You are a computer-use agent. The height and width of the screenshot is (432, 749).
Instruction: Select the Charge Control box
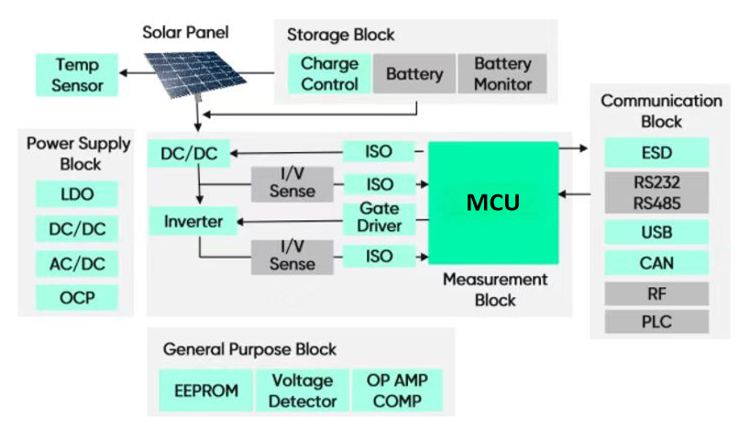(329, 74)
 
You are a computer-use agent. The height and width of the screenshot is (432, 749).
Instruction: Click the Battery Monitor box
(502, 74)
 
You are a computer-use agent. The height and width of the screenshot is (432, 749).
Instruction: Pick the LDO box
(77, 194)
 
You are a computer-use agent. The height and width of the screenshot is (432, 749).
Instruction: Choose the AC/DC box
(77, 263)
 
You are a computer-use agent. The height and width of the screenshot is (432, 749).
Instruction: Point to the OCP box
(77, 298)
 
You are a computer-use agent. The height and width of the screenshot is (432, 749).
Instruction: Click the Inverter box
(193, 221)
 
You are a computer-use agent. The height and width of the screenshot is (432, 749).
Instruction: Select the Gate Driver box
(379, 218)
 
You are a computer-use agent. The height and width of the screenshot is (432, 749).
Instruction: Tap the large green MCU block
(493, 203)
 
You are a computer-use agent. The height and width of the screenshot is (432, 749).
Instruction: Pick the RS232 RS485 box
(656, 193)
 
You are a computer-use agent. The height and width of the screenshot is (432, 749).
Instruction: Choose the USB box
(656, 233)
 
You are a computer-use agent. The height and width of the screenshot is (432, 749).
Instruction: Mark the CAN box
(656, 263)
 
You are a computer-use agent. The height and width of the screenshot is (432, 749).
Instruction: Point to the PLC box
(656, 322)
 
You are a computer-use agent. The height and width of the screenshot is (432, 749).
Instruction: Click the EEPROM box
(205, 391)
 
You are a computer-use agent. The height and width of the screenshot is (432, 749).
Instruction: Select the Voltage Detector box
(303, 391)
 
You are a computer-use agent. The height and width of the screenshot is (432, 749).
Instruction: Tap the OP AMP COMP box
(397, 391)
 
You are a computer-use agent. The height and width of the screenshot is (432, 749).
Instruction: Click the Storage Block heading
(341, 35)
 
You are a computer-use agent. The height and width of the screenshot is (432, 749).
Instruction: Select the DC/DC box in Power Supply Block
(77, 228)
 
